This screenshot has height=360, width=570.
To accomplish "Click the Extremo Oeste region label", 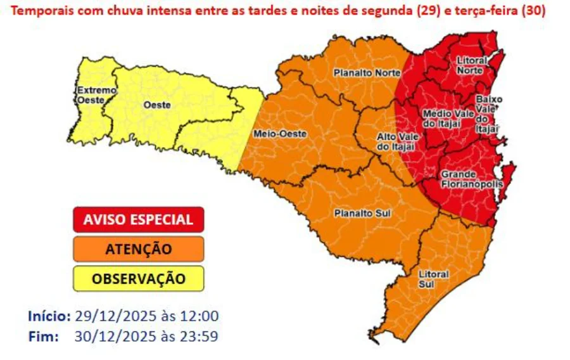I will coord(97,95).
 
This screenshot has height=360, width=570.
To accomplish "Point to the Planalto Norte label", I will coord(367,73).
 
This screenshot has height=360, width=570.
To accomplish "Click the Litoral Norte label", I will coord(471,65).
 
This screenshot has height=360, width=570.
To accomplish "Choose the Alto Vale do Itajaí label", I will coord(396,142).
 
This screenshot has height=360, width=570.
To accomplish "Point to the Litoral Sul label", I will coord(433,279).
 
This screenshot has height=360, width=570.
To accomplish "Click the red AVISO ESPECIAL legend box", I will coord(138,219).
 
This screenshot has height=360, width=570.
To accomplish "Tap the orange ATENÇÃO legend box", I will coord(138,249).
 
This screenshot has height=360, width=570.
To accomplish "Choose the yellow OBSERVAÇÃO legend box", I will coord(138,278).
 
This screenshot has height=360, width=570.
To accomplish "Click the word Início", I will coord(49,316).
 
